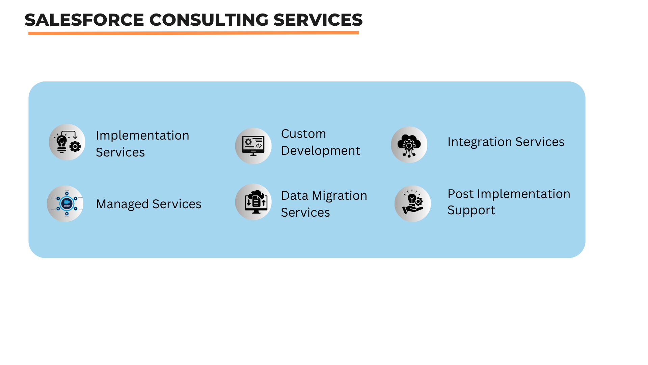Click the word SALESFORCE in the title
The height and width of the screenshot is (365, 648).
point(84,20)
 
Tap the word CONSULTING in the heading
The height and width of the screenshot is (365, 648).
point(209,20)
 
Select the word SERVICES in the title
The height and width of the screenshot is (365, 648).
point(318,20)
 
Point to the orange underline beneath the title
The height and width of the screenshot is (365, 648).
point(193,33)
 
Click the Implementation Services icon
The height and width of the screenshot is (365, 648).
point(67,142)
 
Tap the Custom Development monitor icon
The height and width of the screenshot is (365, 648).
point(253,146)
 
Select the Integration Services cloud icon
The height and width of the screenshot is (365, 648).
point(409,145)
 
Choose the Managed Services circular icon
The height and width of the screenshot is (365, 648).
point(65,203)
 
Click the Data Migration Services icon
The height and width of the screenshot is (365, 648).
point(253,202)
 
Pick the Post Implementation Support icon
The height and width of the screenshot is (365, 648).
point(412,203)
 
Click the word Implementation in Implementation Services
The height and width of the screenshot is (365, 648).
point(142,136)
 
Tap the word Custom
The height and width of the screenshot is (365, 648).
point(303,134)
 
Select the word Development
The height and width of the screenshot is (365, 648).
point(320,151)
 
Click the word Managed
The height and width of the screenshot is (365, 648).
point(122,204)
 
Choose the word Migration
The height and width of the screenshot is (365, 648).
point(339,196)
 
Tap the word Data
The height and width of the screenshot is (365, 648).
point(294,196)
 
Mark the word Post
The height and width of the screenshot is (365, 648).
point(460,194)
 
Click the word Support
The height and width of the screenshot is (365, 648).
point(471,210)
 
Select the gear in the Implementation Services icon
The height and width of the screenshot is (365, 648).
point(75,147)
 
